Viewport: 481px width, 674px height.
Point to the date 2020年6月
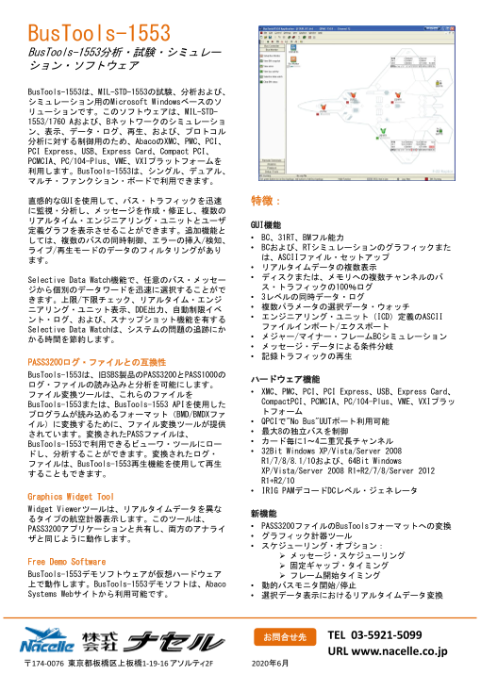(271, 665)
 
